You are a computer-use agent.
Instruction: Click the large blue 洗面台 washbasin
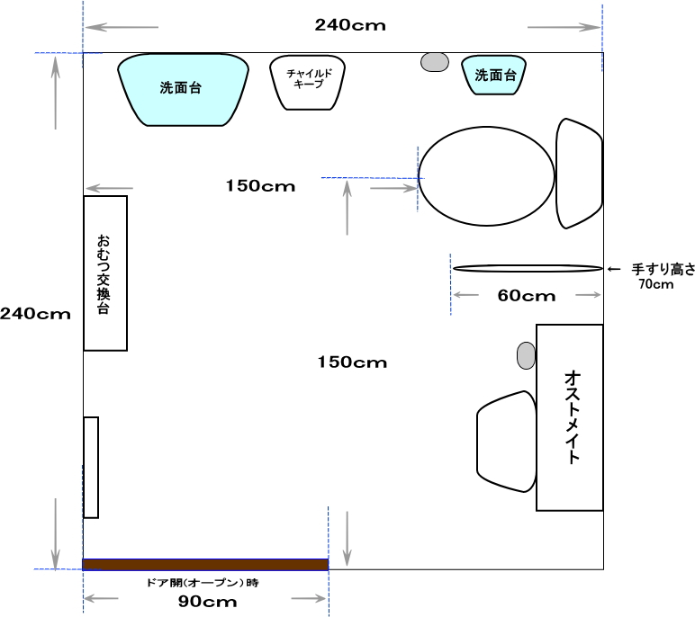(183, 90)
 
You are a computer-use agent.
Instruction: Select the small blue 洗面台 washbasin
(493, 75)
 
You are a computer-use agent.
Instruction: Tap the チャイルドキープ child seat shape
(307, 83)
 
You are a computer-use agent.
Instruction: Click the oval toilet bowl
(487, 176)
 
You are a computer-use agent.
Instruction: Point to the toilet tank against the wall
(579, 174)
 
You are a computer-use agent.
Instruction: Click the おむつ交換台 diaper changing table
(105, 273)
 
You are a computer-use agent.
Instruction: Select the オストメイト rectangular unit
(570, 417)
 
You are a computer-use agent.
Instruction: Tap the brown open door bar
(205, 564)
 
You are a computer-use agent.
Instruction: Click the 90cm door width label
(207, 602)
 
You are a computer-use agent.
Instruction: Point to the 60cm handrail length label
(527, 295)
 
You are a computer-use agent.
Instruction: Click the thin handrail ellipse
(528, 268)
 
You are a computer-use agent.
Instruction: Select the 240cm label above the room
(350, 25)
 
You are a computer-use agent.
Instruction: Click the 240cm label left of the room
(35, 314)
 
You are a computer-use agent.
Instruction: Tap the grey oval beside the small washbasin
(434, 62)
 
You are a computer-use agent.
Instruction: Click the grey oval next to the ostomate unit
(526, 355)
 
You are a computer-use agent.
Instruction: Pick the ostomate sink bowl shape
(506, 442)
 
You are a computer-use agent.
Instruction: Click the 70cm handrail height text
(656, 284)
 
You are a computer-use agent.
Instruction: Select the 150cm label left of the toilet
(261, 186)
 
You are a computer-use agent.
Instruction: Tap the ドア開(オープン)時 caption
(203, 583)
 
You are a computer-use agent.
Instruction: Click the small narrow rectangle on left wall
(91, 468)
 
